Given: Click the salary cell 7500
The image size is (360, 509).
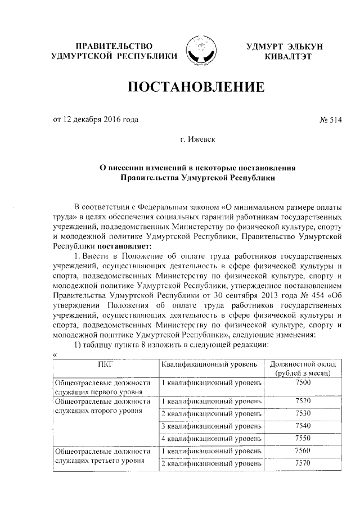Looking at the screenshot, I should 303,384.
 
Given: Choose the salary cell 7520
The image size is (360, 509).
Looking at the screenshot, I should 303,401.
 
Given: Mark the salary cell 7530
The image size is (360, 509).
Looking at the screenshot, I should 303,413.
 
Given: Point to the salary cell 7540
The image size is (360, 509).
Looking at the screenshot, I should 303,426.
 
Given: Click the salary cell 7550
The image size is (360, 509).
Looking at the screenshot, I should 303,438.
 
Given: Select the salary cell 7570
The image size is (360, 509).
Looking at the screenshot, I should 303,463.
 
